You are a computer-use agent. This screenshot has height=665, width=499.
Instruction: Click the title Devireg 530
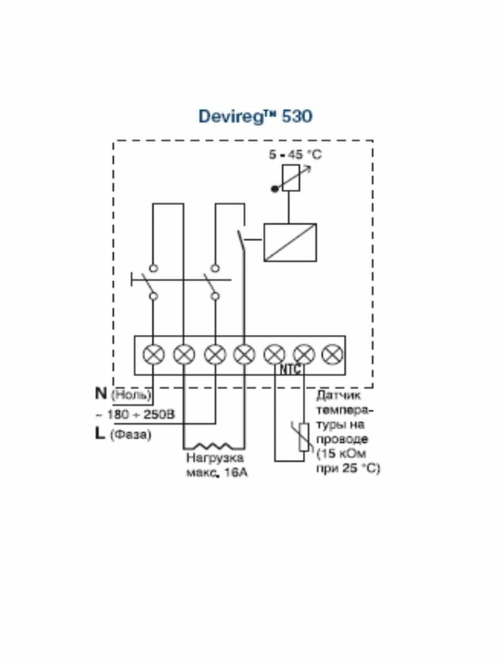point(255,116)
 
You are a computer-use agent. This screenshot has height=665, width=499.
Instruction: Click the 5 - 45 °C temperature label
point(295,155)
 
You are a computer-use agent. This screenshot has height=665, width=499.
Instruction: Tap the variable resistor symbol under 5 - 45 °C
point(291,178)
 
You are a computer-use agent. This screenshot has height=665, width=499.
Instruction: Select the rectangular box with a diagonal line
point(290,242)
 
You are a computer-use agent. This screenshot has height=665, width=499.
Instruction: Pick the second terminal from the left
point(184,354)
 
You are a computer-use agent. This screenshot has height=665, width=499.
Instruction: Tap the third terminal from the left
point(214,354)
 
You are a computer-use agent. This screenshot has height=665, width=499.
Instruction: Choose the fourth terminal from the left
point(244,354)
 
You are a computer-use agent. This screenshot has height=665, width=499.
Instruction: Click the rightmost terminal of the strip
point(333,354)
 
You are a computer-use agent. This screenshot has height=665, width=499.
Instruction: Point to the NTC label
point(290,370)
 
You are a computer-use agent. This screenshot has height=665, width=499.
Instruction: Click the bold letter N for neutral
point(100,393)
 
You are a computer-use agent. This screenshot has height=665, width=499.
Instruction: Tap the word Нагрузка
point(215,459)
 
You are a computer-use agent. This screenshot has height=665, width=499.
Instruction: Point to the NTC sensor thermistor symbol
point(303,436)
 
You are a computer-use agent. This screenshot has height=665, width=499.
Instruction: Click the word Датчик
point(338,396)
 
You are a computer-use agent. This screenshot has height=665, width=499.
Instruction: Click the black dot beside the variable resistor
point(274,189)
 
